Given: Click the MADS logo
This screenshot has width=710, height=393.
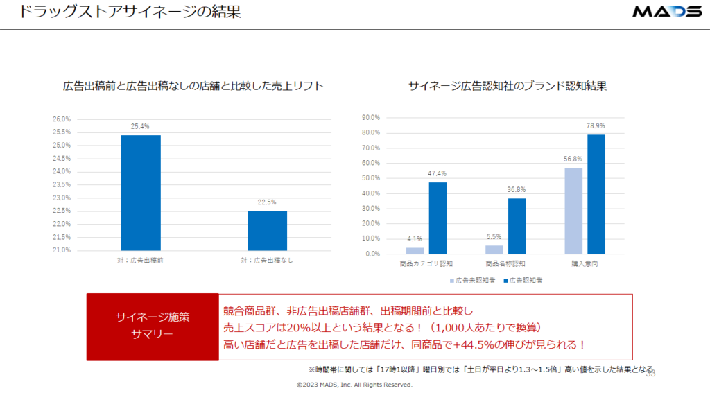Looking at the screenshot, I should tap(666, 12).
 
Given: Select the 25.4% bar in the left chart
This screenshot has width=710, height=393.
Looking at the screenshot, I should tap(141, 193).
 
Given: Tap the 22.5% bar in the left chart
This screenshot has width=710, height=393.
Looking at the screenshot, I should tap(268, 230).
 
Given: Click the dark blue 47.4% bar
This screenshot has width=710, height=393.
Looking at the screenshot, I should tap(438, 218).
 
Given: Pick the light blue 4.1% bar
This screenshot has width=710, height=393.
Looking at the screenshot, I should tap(415, 250).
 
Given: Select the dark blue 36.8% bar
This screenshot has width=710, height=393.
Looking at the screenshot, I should tap(517, 226).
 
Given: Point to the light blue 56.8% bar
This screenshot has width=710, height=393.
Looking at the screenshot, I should tap(573, 211).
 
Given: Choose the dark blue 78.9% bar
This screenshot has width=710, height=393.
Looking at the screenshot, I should tap(596, 194).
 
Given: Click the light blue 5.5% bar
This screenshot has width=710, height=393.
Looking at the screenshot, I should tap(494, 250).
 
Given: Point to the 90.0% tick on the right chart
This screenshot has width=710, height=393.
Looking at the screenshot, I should tap(370, 118).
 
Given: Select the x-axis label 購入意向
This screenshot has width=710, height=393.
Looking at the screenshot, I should tap(585, 264).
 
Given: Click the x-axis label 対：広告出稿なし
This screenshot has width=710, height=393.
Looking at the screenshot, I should tap(267, 261).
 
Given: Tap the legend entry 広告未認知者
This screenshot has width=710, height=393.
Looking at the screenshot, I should tap(474, 281).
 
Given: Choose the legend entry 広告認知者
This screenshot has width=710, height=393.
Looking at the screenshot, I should tap(526, 281).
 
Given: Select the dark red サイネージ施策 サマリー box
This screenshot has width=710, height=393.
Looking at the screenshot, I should tap(153, 326).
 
